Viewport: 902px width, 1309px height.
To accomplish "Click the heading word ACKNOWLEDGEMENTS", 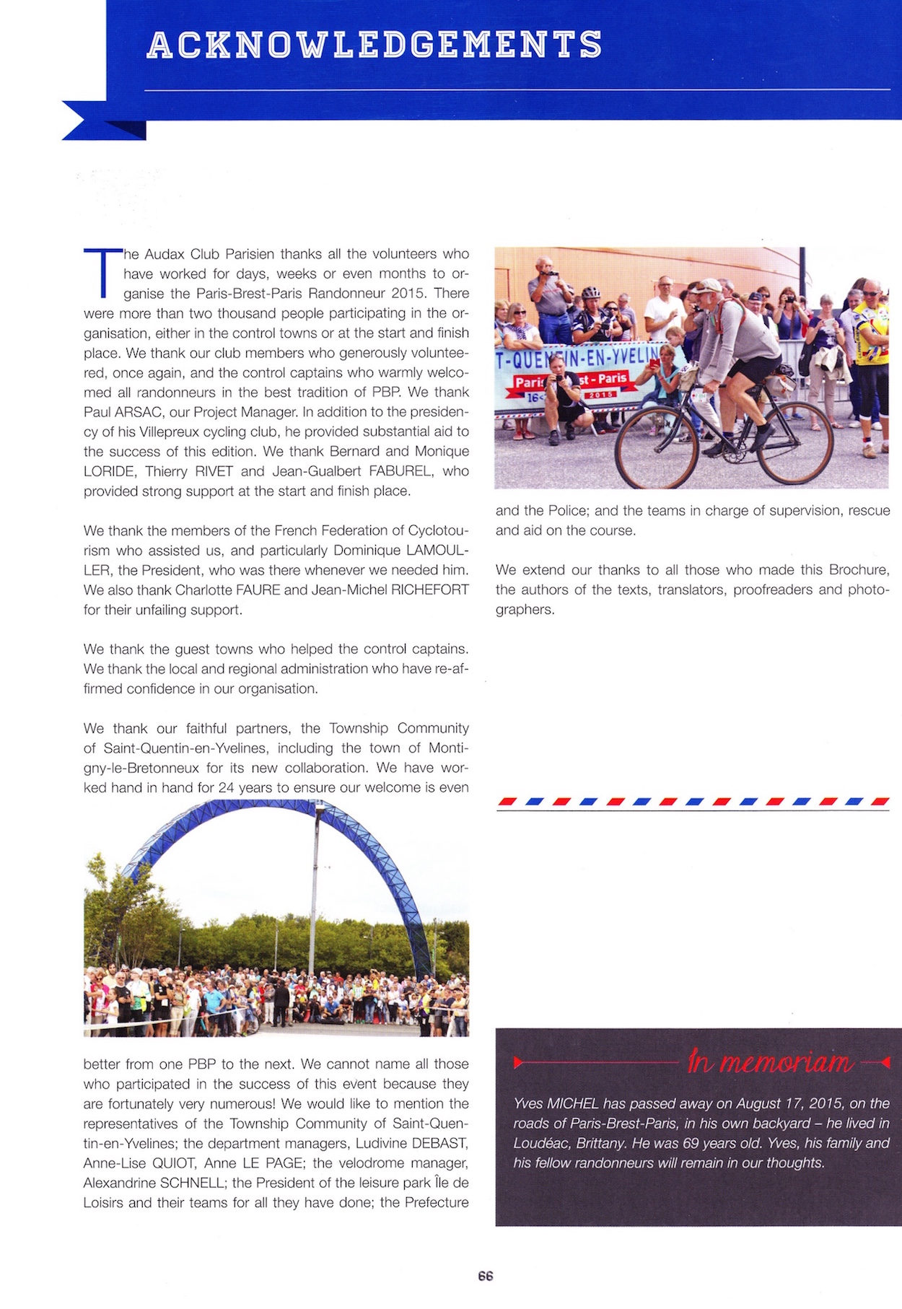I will point(374,45).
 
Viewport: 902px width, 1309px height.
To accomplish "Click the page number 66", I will point(486,1275).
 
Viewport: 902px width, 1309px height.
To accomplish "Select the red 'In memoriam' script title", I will point(770,1061).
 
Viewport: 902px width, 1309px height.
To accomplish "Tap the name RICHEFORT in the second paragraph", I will point(429,590).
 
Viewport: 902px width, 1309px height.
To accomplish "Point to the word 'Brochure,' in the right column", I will point(859,569).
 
